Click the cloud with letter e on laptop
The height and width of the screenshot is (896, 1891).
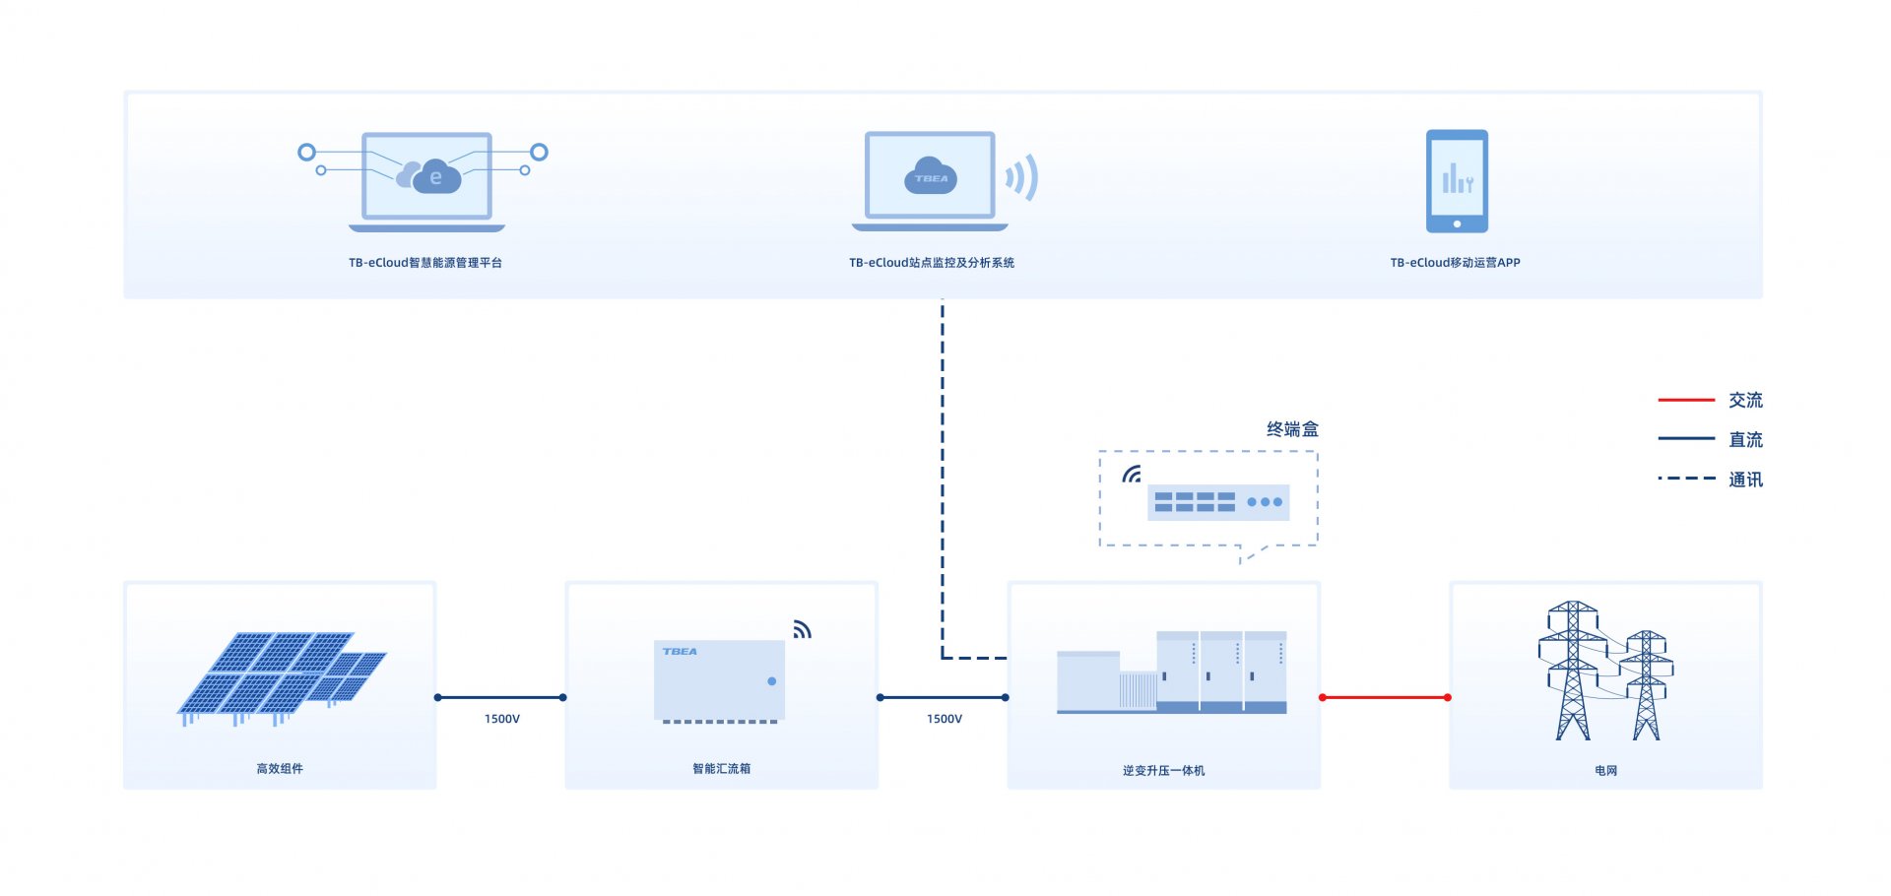(430, 177)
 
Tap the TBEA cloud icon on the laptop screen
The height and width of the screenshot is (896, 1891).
(931, 176)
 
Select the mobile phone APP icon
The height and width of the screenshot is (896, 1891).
(1457, 181)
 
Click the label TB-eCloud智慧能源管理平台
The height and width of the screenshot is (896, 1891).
(425, 263)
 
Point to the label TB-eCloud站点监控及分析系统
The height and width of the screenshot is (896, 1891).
(932, 263)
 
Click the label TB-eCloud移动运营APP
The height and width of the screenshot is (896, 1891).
(1455, 263)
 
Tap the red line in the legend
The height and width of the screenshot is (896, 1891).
(1686, 400)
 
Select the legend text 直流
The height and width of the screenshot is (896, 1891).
(1745, 440)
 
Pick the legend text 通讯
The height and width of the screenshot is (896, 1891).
(1745, 480)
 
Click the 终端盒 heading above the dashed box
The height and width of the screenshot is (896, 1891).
(1292, 429)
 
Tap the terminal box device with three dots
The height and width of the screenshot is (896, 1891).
(1218, 502)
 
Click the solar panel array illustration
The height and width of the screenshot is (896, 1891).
(282, 678)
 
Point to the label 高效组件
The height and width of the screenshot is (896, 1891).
(280, 769)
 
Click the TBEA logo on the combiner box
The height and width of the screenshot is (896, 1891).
(680, 652)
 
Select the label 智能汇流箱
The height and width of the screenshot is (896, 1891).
(721, 769)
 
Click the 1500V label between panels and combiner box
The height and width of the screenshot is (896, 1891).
(502, 719)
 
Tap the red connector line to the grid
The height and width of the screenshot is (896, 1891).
(1385, 697)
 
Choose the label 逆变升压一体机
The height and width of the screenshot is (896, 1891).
(1163, 771)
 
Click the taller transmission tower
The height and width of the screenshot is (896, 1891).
(1573, 671)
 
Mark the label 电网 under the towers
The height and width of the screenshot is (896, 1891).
(1605, 771)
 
